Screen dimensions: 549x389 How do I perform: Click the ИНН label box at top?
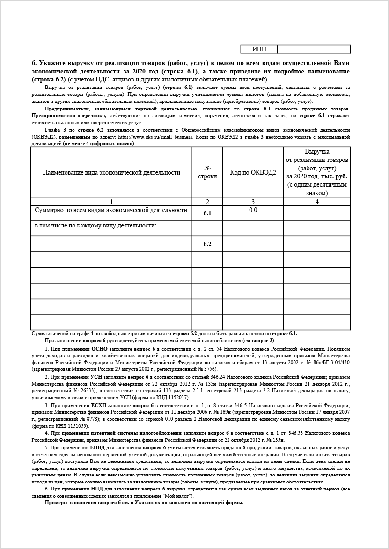pos(259,49)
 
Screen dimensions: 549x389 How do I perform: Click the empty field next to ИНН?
pos(314,49)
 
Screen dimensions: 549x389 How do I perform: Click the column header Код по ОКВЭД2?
pos(253,172)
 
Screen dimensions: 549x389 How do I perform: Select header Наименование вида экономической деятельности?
pos(111,172)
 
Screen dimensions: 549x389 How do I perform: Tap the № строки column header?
pos(207,172)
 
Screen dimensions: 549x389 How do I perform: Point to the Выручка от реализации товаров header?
pos(317,172)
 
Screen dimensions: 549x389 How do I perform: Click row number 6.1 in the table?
pos(207,213)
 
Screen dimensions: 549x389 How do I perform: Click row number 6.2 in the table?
pos(207,244)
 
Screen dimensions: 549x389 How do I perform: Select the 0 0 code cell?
pos(253,210)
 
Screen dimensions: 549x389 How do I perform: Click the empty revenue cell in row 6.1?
pos(317,213)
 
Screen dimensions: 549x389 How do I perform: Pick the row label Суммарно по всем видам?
pos(111,210)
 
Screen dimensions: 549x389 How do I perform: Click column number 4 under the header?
pos(317,202)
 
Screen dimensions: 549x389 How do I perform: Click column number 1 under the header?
pos(111,202)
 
